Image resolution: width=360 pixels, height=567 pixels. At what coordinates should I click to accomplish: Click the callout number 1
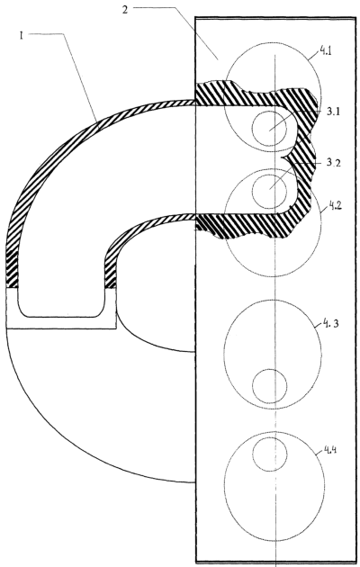pyautogui.click(x=22, y=36)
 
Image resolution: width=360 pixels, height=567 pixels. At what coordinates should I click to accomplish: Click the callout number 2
pyautogui.click(x=125, y=10)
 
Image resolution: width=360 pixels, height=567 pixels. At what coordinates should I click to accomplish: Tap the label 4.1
pyautogui.click(x=325, y=51)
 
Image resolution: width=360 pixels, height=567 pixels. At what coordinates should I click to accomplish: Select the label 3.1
pyautogui.click(x=333, y=112)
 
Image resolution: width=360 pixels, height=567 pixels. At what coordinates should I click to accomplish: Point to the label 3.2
pyautogui.click(x=334, y=163)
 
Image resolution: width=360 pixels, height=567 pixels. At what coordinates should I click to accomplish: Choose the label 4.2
pyautogui.click(x=335, y=207)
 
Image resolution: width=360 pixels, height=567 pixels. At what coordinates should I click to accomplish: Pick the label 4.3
pyautogui.click(x=330, y=324)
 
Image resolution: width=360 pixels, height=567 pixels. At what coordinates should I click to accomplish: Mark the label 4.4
pyautogui.click(x=330, y=450)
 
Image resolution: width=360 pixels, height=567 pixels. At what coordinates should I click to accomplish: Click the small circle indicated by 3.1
pyautogui.click(x=270, y=129)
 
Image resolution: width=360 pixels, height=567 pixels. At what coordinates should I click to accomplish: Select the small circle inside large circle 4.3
pyautogui.click(x=270, y=386)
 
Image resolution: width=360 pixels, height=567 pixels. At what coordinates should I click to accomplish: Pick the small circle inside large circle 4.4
pyautogui.click(x=270, y=454)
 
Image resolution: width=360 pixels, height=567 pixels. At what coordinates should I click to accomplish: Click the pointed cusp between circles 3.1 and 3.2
pyautogui.click(x=282, y=157)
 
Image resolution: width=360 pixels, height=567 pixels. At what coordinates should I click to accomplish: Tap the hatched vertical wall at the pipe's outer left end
pyautogui.click(x=12, y=269)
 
